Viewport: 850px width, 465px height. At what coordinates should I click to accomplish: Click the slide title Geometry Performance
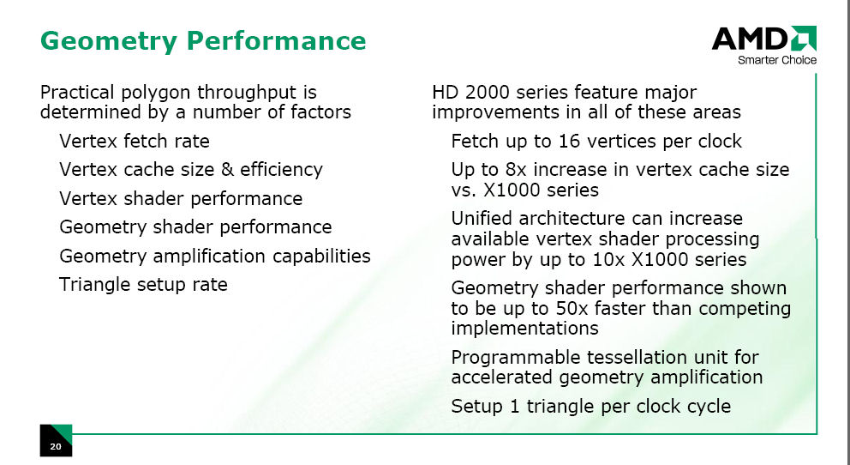[x=203, y=41]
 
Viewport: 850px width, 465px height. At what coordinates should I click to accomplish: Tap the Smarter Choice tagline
[x=777, y=60]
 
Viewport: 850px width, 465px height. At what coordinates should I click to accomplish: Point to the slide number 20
[x=56, y=447]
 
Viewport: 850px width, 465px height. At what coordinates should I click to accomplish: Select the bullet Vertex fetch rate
[x=135, y=141]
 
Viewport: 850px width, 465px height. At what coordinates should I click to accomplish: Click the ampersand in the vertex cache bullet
[x=228, y=169]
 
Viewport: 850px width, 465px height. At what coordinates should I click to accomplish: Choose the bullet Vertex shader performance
[x=181, y=198]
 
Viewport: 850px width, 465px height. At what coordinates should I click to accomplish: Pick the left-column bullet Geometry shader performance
[x=195, y=226]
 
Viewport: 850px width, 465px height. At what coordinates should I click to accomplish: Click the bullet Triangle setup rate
[x=143, y=284]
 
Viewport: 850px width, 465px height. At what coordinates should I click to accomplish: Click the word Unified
[x=482, y=218]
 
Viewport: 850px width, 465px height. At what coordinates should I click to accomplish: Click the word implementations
[x=524, y=329]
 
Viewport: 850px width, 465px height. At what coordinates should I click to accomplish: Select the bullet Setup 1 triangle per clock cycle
[x=591, y=407]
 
